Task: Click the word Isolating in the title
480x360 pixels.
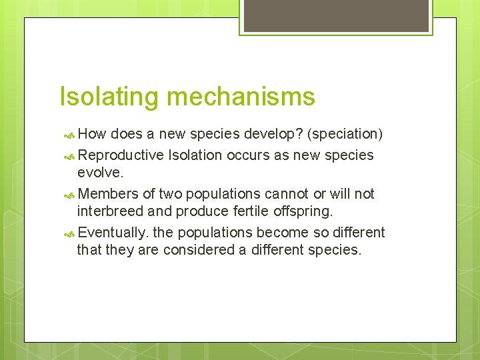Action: [x=109, y=97]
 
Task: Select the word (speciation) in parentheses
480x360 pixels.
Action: [x=345, y=134]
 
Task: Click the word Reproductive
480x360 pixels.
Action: [x=121, y=155]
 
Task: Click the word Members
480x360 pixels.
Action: [x=107, y=194]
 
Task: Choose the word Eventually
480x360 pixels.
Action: [x=113, y=233]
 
